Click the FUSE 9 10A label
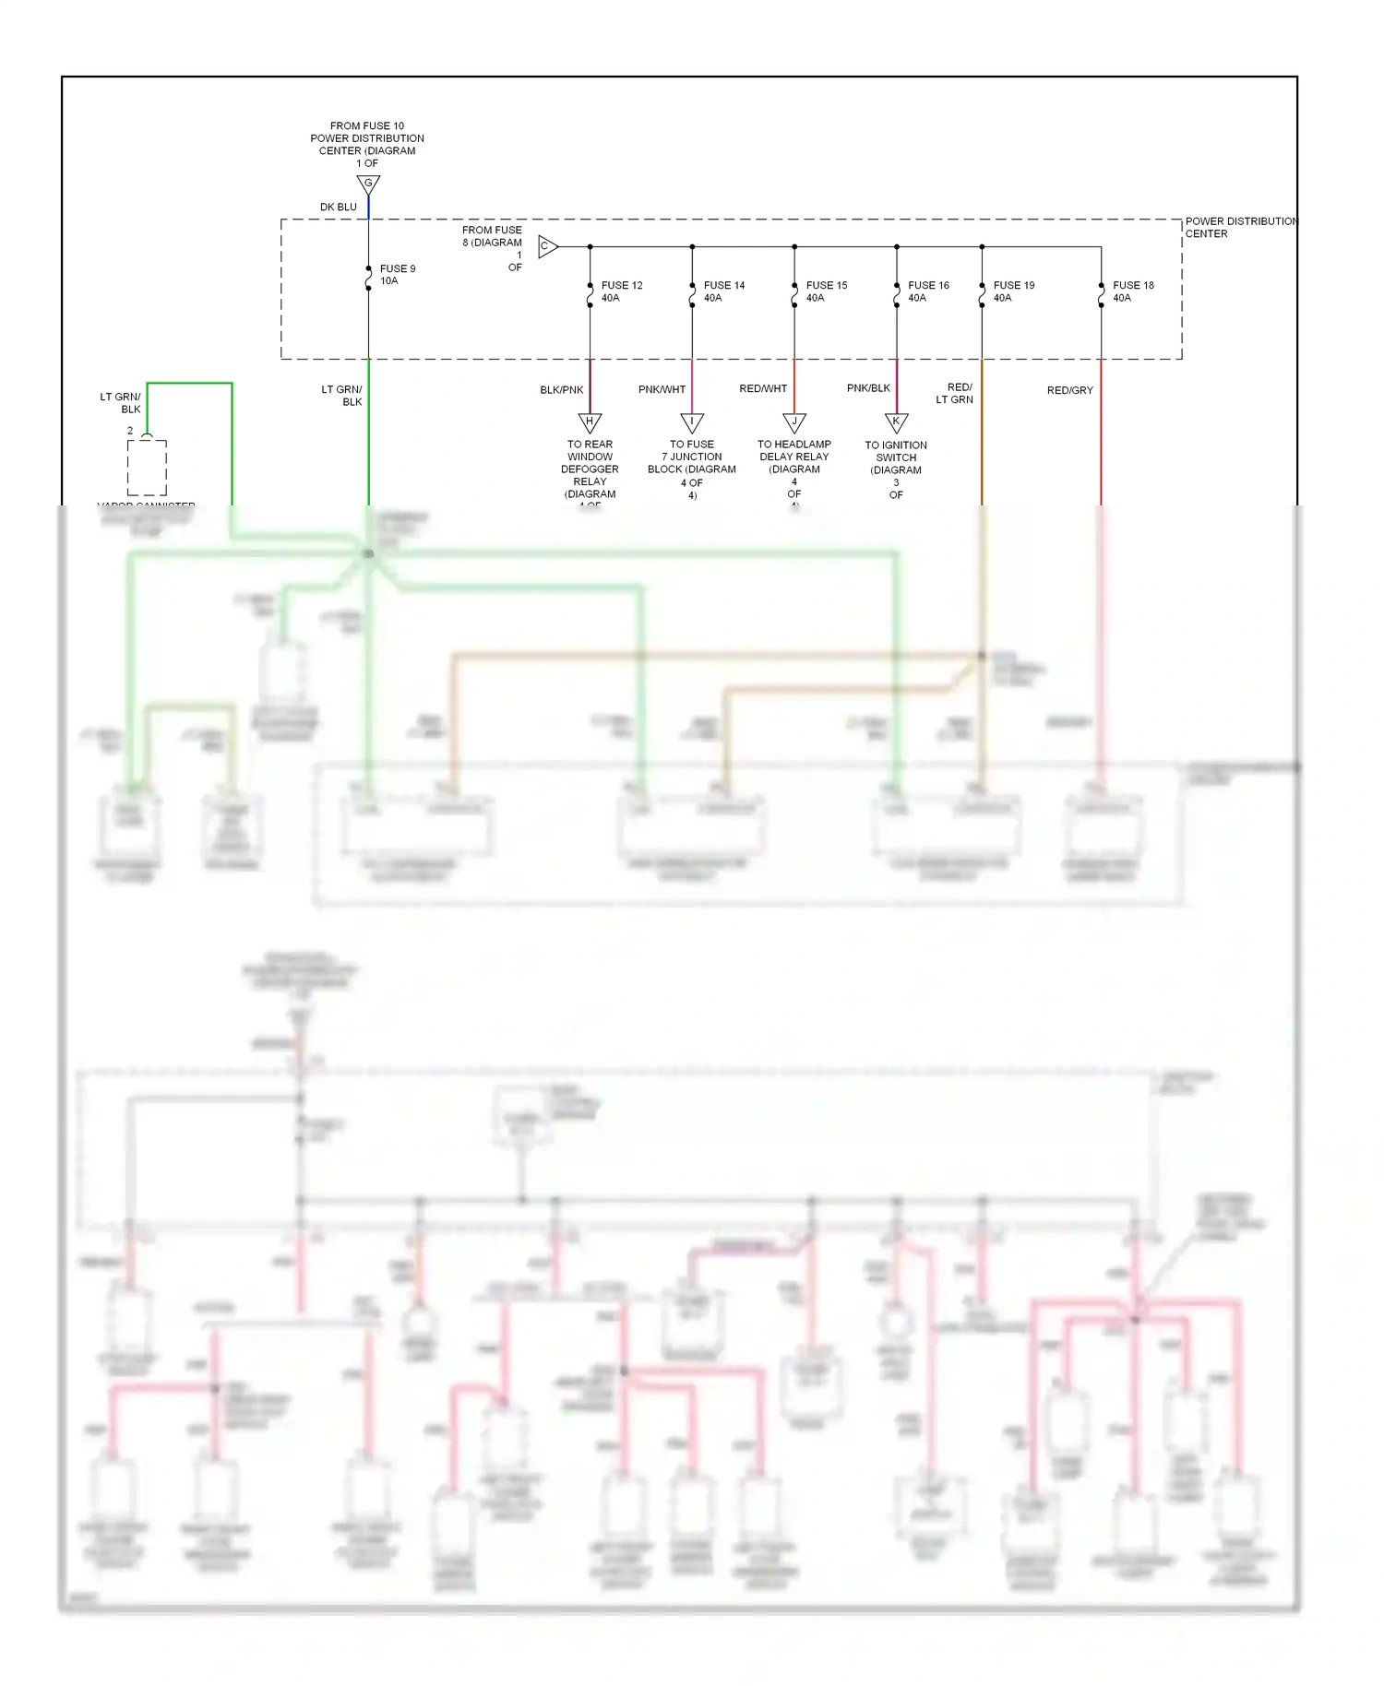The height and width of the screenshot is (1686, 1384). point(398,275)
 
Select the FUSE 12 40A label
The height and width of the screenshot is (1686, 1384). point(622,291)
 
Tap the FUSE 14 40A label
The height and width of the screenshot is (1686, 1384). point(724,291)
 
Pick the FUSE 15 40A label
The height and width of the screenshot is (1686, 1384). point(827,291)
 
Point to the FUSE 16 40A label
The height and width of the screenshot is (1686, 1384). point(928,291)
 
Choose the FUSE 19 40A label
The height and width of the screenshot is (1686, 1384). point(1014,291)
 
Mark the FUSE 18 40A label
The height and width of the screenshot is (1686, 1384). point(1133,291)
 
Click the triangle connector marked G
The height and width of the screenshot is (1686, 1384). point(368,184)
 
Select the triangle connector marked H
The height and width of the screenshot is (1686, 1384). point(591,422)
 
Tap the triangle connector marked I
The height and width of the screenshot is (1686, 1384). point(692,422)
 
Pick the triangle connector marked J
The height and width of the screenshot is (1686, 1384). point(794,422)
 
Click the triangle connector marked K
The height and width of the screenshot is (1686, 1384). point(897,422)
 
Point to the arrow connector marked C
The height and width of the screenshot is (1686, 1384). point(547,246)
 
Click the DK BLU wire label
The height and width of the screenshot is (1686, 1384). point(338,208)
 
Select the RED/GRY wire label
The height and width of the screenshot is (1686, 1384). point(1069,391)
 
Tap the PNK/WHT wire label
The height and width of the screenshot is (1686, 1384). point(662,389)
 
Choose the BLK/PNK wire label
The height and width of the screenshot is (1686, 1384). point(561,390)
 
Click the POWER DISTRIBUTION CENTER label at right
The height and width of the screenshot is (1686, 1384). point(1240,228)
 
